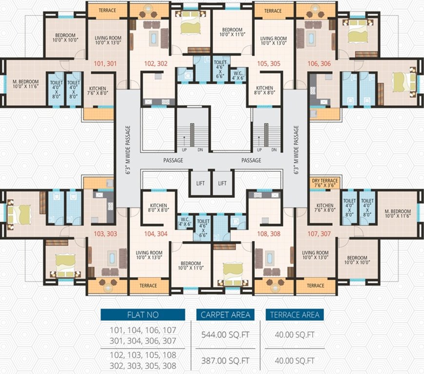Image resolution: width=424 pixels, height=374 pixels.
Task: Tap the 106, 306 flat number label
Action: [319, 63]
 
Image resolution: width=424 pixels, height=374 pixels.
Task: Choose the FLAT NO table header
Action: [143, 315]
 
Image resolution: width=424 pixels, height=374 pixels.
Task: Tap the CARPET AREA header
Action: [225, 315]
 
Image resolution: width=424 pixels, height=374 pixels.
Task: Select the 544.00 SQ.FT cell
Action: [225, 335]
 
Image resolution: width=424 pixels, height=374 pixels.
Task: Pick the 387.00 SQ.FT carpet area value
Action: [225, 361]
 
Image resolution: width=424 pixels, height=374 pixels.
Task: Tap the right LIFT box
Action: [222, 183]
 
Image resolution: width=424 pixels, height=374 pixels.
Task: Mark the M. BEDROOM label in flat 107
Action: [398, 214]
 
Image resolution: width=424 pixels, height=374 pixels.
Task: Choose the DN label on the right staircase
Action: [274, 150]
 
